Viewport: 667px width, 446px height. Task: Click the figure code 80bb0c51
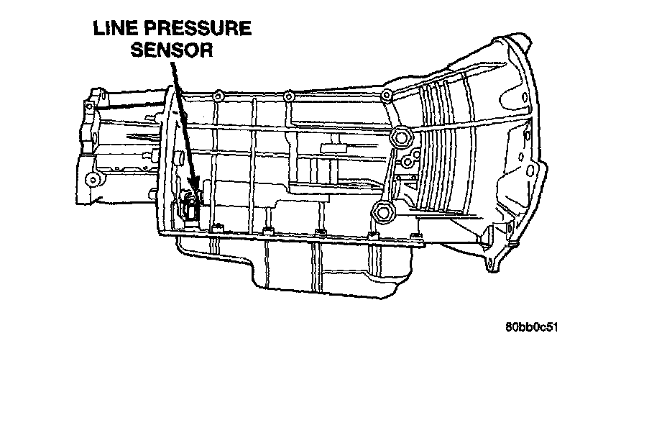532,327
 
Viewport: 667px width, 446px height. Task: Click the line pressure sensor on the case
191,209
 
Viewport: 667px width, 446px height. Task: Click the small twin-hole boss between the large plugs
407,161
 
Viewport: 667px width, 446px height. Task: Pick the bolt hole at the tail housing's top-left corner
90,106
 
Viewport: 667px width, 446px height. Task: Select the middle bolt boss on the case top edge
288,95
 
